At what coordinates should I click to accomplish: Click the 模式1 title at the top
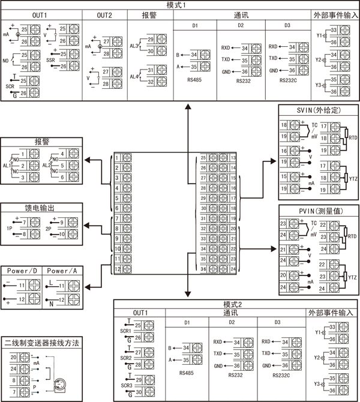180,4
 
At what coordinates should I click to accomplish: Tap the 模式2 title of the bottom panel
232,304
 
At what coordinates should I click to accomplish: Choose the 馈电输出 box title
40,207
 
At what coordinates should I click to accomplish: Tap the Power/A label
62,271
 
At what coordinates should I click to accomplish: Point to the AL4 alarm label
134,76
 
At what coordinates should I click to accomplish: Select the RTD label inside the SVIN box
353,137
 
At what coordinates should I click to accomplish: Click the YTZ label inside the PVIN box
353,277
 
